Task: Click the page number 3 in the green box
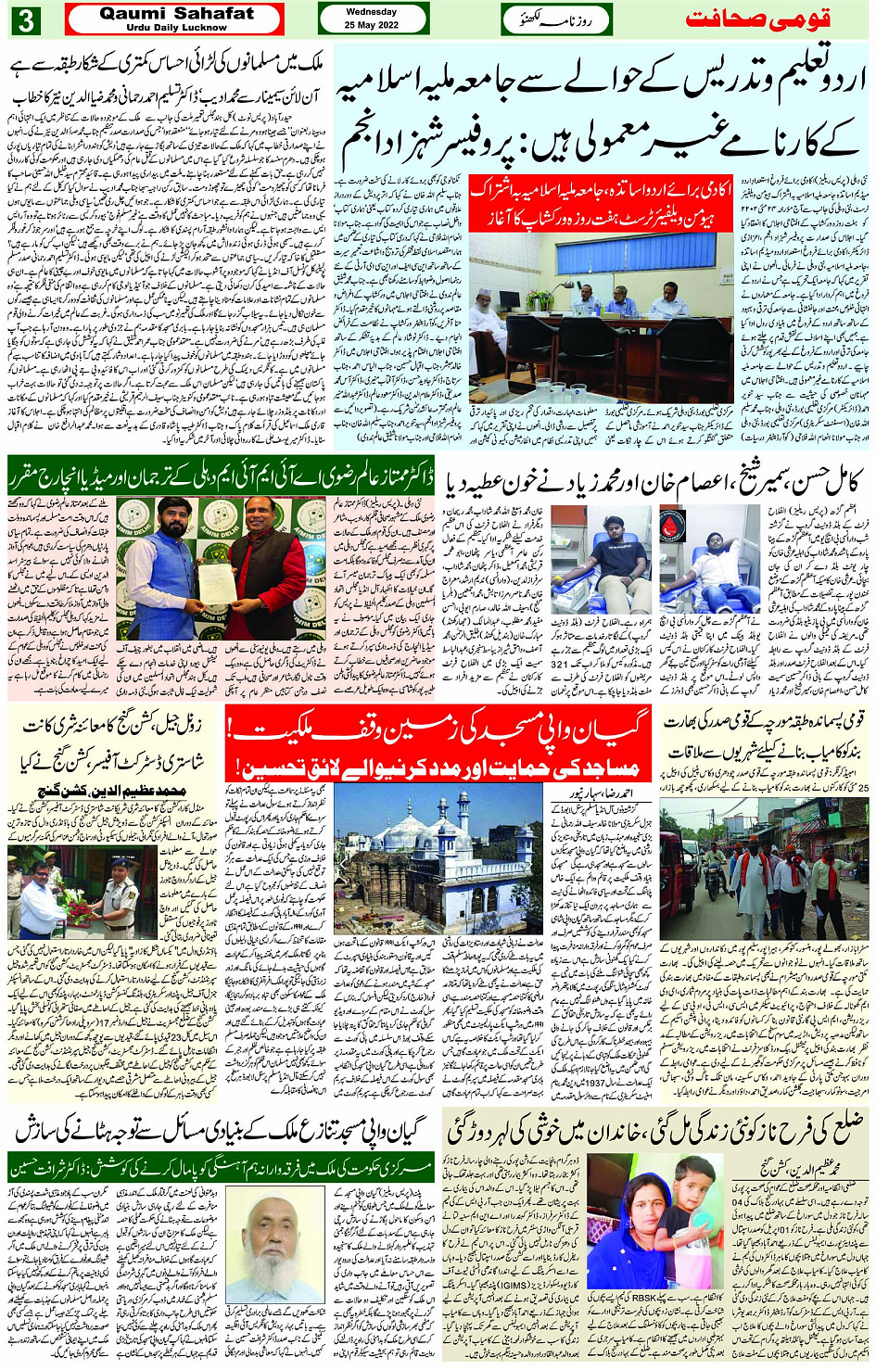click(26, 19)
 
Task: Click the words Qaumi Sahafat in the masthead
click(176, 13)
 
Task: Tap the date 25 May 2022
click(371, 25)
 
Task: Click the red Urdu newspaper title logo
click(775, 19)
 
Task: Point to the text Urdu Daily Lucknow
click(176, 28)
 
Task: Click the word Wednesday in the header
click(371, 12)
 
